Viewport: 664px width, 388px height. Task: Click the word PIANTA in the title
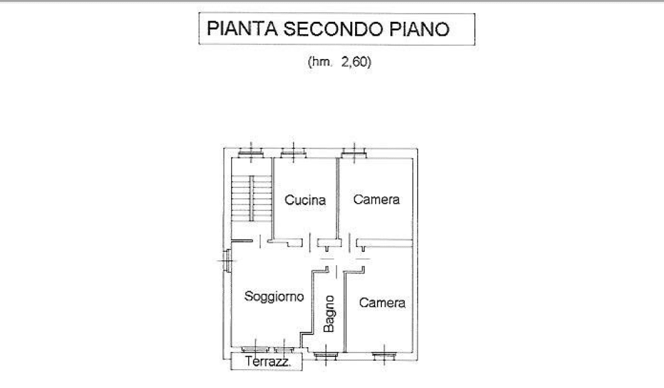242,29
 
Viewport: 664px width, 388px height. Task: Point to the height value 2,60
354,62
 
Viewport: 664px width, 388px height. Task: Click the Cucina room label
305,200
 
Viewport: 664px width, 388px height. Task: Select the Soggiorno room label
274,297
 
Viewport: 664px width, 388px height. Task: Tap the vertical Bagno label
329,314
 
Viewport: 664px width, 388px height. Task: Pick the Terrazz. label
268,362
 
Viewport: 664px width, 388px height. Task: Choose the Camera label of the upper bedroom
376,199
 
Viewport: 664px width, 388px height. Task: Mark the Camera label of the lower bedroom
382,302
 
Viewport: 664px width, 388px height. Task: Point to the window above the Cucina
294,153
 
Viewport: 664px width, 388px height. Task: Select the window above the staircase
251,153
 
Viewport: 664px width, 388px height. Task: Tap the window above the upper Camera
354,153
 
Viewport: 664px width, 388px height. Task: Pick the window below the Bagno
326,355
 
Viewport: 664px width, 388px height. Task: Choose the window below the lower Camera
384,355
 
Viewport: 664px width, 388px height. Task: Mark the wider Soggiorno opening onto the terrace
255,350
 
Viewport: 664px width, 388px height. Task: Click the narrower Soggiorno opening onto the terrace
285,350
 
